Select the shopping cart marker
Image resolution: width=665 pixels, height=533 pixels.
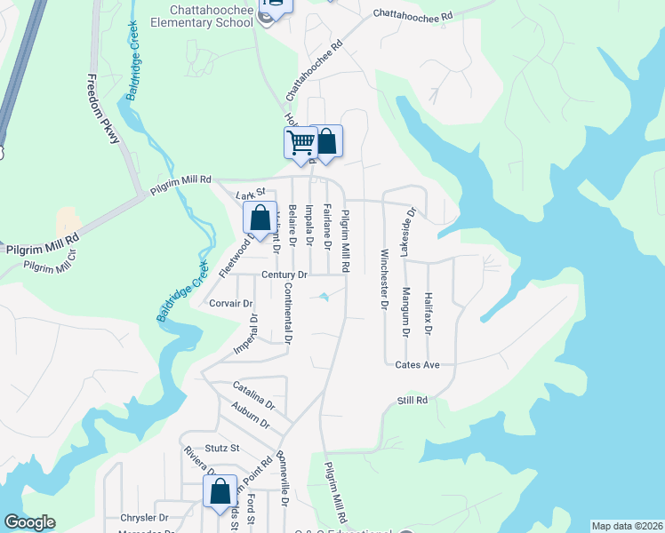click(300, 141)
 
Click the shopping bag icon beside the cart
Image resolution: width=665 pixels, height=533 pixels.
click(326, 141)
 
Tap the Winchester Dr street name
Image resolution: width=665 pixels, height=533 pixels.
click(385, 279)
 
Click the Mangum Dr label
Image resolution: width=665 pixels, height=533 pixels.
click(405, 314)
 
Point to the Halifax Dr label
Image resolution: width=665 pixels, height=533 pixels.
click(428, 314)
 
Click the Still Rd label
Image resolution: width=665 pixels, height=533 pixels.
click(413, 401)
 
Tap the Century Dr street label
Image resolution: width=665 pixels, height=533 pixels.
click(284, 275)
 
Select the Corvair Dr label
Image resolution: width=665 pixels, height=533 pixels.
click(229, 303)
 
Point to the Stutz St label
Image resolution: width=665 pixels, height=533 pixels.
click(222, 449)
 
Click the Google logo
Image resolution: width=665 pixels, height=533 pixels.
click(29, 522)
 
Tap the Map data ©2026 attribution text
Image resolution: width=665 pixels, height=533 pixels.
click(627, 526)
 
